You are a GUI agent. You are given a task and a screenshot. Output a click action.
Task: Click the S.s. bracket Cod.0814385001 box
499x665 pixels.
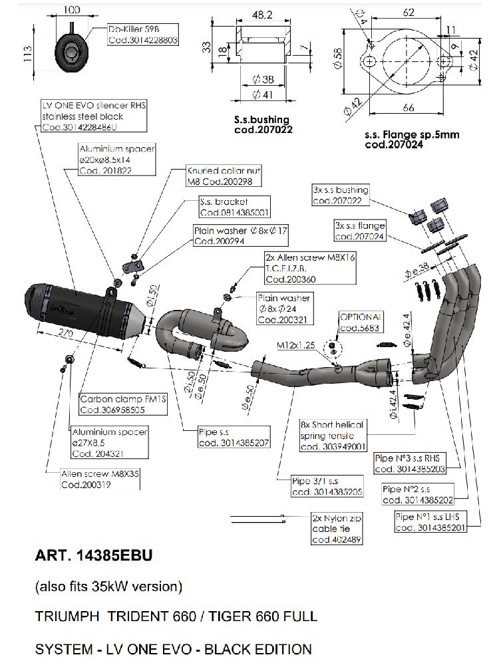click(234, 207)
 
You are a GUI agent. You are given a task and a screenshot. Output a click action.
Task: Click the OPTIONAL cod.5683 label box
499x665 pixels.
click(361, 322)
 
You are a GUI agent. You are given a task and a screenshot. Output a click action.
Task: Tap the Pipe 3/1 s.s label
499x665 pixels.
click(327, 486)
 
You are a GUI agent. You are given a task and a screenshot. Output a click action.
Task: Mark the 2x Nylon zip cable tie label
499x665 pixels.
click(336, 529)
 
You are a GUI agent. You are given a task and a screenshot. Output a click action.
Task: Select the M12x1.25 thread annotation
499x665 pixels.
click(295, 346)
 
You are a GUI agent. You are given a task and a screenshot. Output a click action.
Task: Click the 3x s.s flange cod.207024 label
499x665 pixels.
click(360, 231)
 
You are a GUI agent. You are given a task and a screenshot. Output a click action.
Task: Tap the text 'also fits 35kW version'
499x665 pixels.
click(108, 587)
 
